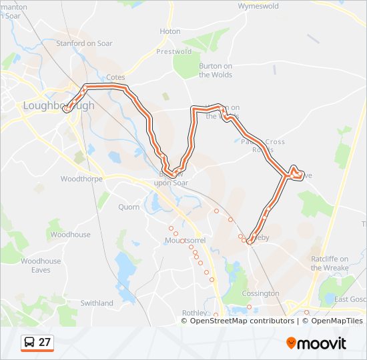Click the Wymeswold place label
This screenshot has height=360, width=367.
click(x=260, y=6)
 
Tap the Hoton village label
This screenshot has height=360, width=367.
click(x=170, y=31)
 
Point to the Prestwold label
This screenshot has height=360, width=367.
click(x=174, y=51)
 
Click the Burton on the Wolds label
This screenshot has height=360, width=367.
click(x=216, y=70)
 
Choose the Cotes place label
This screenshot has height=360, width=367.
click(x=115, y=77)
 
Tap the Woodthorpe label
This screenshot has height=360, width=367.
click(x=80, y=179)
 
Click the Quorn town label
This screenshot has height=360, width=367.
click(x=129, y=207)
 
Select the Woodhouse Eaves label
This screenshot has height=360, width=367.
click(x=41, y=265)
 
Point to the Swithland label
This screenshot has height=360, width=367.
click(x=97, y=303)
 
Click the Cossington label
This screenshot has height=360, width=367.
click(x=261, y=293)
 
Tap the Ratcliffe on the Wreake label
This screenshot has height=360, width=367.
click(x=330, y=263)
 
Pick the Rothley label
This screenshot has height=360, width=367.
click(x=195, y=312)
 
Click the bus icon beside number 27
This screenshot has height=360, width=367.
click(x=30, y=343)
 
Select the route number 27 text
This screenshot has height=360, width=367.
click(x=44, y=343)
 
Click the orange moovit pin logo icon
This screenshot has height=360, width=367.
click(x=291, y=343)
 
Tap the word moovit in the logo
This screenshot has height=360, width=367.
click(x=322, y=343)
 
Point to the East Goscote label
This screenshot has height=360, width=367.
click(x=350, y=299)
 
